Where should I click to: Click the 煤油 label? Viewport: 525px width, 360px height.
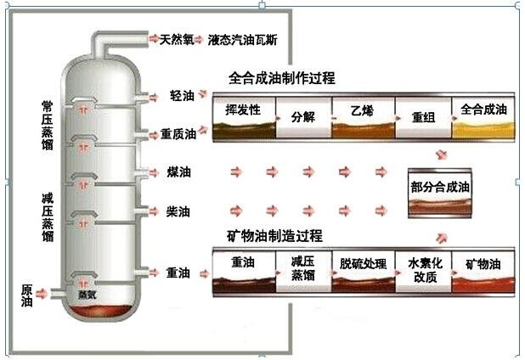179,172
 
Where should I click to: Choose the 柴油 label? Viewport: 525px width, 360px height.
179,211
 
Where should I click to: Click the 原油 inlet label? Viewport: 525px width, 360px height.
27,295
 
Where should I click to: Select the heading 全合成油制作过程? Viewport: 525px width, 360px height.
281,78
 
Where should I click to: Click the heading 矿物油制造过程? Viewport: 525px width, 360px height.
274,234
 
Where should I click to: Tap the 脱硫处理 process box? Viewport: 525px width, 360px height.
363,272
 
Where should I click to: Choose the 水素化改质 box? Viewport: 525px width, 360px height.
424,272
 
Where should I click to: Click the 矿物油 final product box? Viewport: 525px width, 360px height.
483,272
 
